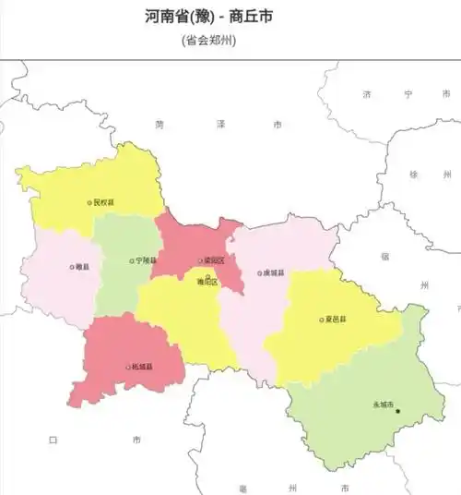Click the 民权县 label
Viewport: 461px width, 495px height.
click(105, 202)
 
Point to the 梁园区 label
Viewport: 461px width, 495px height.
click(214, 261)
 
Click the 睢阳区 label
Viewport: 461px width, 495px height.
click(207, 282)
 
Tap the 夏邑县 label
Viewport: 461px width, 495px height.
click(337, 320)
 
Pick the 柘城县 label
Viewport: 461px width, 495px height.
click(143, 368)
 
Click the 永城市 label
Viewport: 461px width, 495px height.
click(383, 404)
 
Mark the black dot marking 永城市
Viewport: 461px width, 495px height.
click(398, 411)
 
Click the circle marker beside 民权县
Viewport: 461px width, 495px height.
click(89, 202)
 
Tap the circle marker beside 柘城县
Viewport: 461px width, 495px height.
click(128, 368)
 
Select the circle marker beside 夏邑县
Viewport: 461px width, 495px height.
click(322, 320)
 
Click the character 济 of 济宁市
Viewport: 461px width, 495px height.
click(366, 94)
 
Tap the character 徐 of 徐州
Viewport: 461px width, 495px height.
click(415, 174)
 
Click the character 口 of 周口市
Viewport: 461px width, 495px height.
click(53, 440)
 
